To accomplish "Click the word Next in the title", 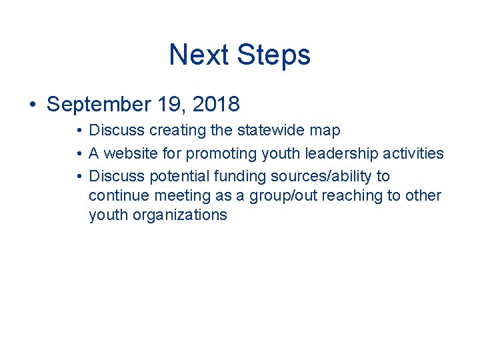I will [199, 55].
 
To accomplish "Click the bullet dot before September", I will [32, 105].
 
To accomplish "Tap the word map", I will [325, 131].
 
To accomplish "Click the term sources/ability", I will [317, 176].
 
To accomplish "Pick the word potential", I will [173, 176].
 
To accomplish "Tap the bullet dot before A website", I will [79, 154].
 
